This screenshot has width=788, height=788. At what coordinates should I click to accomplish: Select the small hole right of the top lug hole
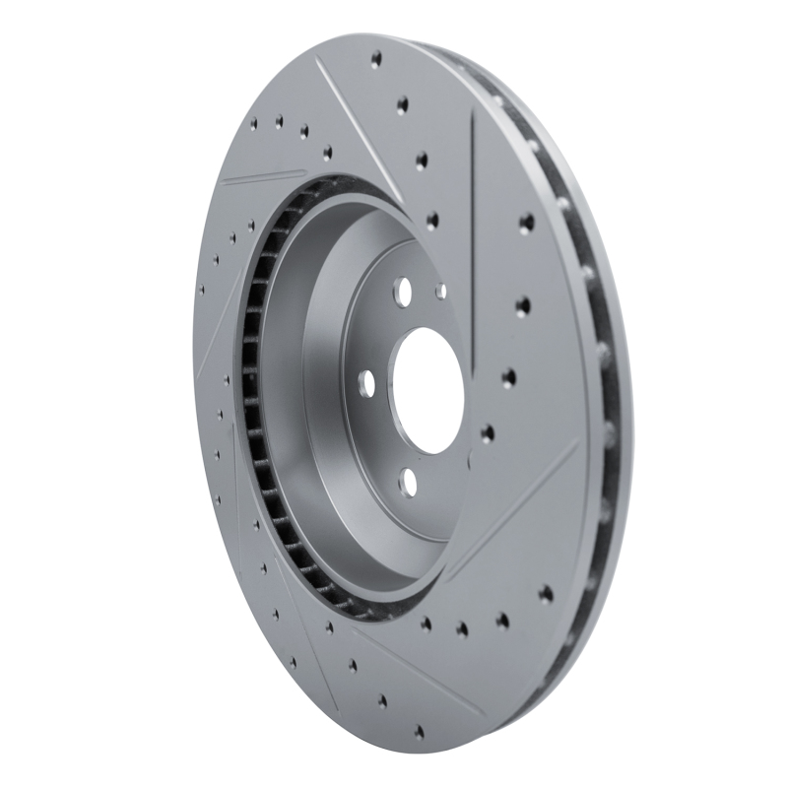tap(440, 292)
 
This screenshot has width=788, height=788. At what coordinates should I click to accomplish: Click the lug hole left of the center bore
tap(365, 381)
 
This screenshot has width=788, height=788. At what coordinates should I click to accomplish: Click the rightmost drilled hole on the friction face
tap(545, 593)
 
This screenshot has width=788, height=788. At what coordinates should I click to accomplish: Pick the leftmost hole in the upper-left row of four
tap(253, 125)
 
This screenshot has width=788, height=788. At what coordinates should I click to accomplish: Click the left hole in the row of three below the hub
tap(426, 623)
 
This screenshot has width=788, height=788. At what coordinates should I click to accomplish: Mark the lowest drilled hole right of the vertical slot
tap(545, 593)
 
